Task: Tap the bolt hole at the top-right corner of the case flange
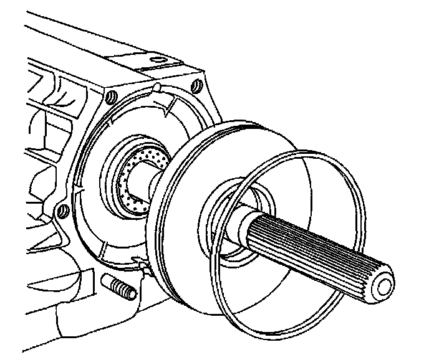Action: pyautogui.click(x=198, y=84)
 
